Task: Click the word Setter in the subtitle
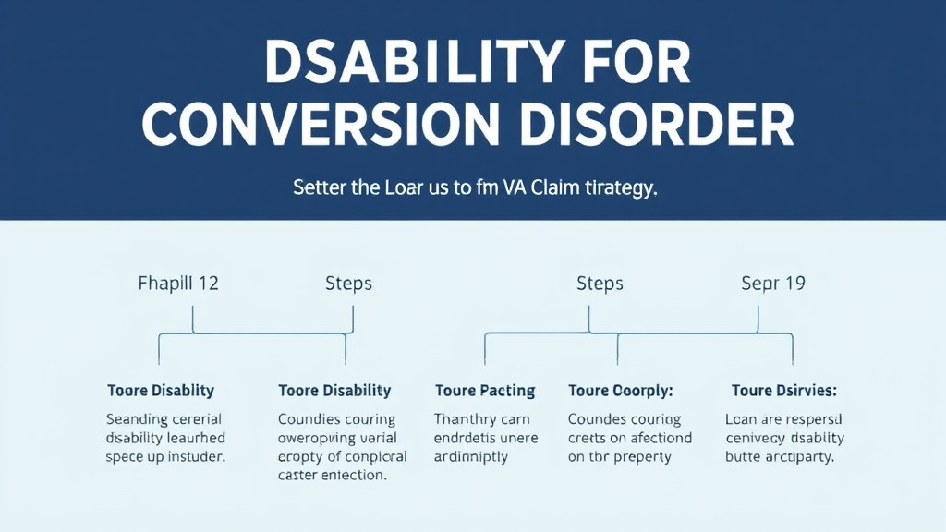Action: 318,187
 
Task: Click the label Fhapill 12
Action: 177,283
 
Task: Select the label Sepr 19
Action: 773,283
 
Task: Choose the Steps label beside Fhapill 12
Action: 348,283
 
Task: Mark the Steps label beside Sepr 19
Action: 600,283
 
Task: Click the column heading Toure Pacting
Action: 485,391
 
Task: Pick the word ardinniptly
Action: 471,457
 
